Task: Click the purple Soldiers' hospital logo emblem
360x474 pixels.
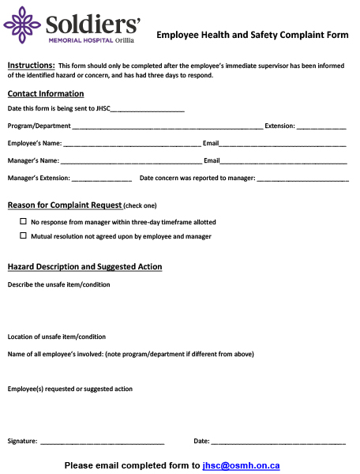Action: (x=21, y=25)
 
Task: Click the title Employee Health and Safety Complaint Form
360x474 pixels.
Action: (x=252, y=35)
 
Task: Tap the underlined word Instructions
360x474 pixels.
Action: (x=31, y=65)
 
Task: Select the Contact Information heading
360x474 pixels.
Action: (x=45, y=94)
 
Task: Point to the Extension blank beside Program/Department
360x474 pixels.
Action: (x=321, y=126)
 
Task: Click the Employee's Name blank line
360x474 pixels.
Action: (x=132, y=145)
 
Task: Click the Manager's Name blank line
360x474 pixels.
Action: (x=131, y=162)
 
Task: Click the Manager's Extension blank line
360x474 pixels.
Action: (x=102, y=179)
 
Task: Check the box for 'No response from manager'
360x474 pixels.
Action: (x=23, y=222)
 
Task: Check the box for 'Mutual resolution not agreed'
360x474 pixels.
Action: (x=23, y=235)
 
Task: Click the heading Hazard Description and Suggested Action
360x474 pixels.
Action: (x=84, y=267)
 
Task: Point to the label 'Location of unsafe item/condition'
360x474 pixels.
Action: (x=56, y=337)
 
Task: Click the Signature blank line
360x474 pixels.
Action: (x=102, y=442)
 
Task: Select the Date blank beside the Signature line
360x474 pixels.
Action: (x=278, y=442)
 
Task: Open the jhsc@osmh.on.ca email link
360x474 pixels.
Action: (x=241, y=466)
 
